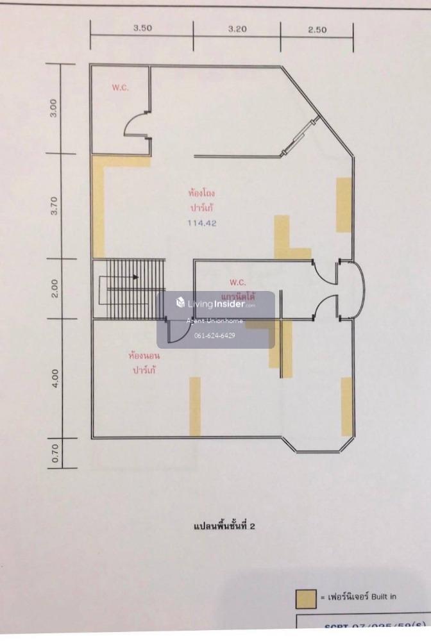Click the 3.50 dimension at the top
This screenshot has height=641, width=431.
click(141, 28)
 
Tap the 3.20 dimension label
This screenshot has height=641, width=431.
click(237, 28)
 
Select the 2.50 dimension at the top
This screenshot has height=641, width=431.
click(317, 28)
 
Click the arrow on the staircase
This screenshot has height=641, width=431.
click(135, 277)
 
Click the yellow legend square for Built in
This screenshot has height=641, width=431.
click(306, 597)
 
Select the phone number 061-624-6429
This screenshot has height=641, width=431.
click(214, 336)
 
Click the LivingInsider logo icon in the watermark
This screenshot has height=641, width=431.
click(180, 303)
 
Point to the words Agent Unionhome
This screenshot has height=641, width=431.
click(214, 321)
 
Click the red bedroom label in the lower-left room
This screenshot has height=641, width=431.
click(144, 363)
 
